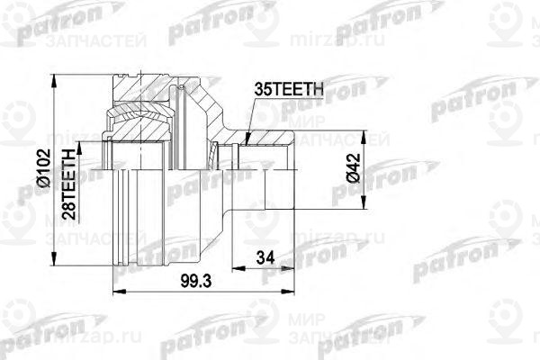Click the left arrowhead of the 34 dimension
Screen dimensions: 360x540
tap(235, 267)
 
